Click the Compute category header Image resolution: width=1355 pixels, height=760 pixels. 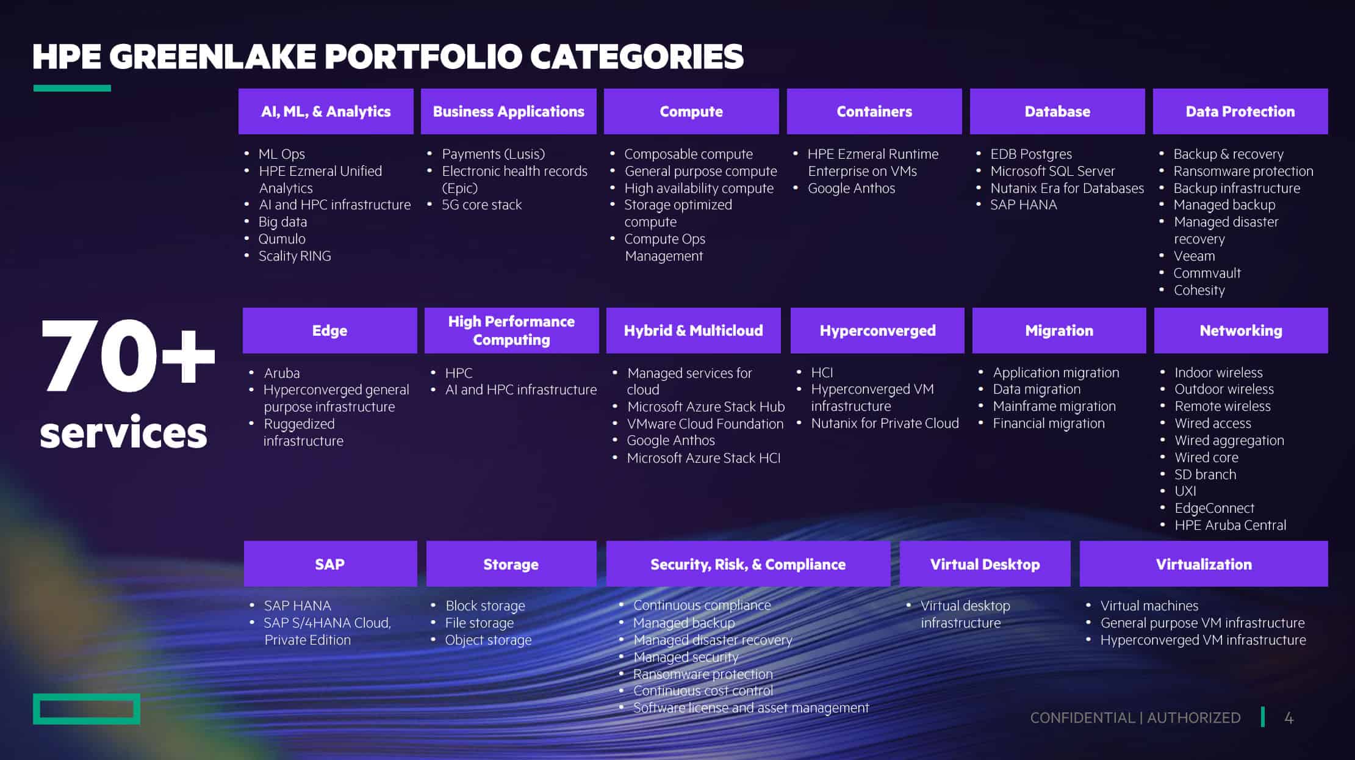(x=691, y=111)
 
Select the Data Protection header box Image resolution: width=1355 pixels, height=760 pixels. (x=1240, y=111)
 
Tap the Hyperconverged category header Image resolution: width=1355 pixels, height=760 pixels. (x=877, y=330)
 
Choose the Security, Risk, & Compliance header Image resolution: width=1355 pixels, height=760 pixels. (x=748, y=564)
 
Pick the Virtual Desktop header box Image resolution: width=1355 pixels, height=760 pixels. (x=985, y=564)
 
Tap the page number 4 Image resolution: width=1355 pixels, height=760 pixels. (x=1289, y=718)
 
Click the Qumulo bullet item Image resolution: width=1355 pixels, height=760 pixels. (x=282, y=239)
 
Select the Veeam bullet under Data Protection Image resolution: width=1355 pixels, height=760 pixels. (x=1194, y=256)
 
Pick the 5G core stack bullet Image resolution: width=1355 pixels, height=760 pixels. (x=482, y=204)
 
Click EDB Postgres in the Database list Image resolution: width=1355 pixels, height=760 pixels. (x=1031, y=154)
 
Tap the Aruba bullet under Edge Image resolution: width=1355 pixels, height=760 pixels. (x=282, y=372)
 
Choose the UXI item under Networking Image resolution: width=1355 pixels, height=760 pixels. (x=1185, y=491)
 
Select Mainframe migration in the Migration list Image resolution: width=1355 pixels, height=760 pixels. (x=1054, y=407)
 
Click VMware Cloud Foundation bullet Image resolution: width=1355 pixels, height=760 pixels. (x=705, y=424)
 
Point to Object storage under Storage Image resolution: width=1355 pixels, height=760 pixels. (x=488, y=640)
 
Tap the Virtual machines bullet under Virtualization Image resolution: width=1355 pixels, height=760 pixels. (x=1149, y=606)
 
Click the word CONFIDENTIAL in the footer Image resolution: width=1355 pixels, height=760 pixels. (x=1082, y=718)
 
